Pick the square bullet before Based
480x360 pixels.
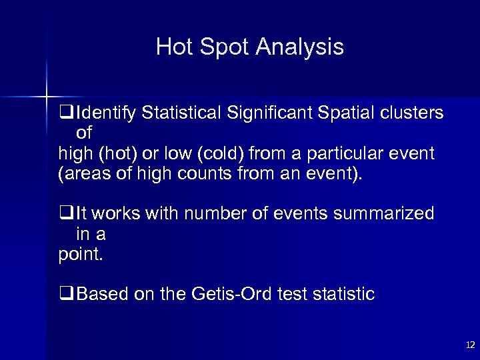click(65, 294)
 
